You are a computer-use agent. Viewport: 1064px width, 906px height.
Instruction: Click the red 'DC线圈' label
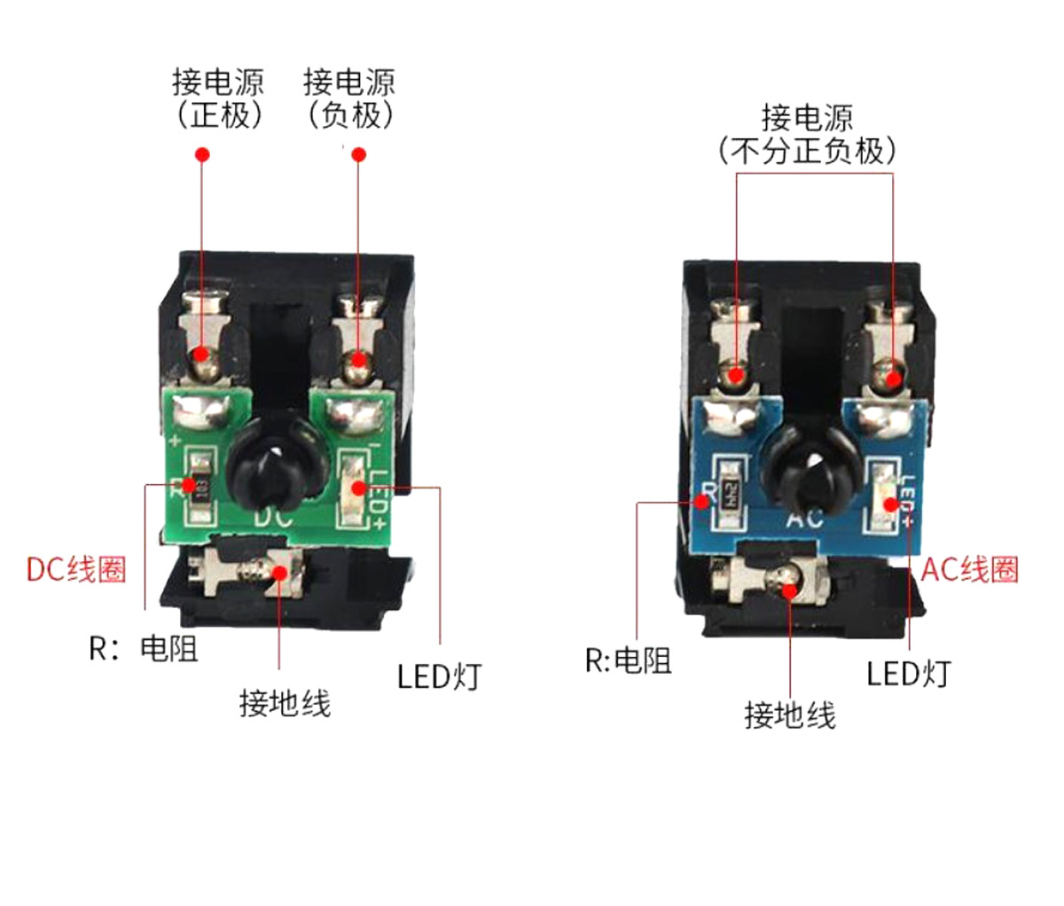(x=75, y=568)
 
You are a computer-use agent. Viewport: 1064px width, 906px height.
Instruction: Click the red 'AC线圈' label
(x=969, y=568)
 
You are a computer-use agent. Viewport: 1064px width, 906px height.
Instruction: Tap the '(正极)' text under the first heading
(x=219, y=115)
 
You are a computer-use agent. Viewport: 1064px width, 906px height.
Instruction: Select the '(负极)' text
(x=349, y=115)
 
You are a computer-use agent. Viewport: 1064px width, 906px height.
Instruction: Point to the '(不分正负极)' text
(x=806, y=150)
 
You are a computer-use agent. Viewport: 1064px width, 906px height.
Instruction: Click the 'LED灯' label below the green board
(x=438, y=677)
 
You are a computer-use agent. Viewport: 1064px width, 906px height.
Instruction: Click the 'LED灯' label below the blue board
(x=907, y=674)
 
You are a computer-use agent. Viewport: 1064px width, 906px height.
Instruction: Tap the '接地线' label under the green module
(x=285, y=704)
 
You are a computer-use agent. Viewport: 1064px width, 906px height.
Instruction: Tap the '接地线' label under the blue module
(x=789, y=715)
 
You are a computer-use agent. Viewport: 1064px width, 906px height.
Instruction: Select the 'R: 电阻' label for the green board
(x=143, y=648)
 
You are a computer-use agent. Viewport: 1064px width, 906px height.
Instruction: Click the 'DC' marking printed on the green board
(x=274, y=516)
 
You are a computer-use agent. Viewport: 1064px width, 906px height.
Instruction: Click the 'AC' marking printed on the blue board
(x=805, y=518)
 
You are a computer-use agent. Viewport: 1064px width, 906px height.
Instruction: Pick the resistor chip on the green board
(x=200, y=487)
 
